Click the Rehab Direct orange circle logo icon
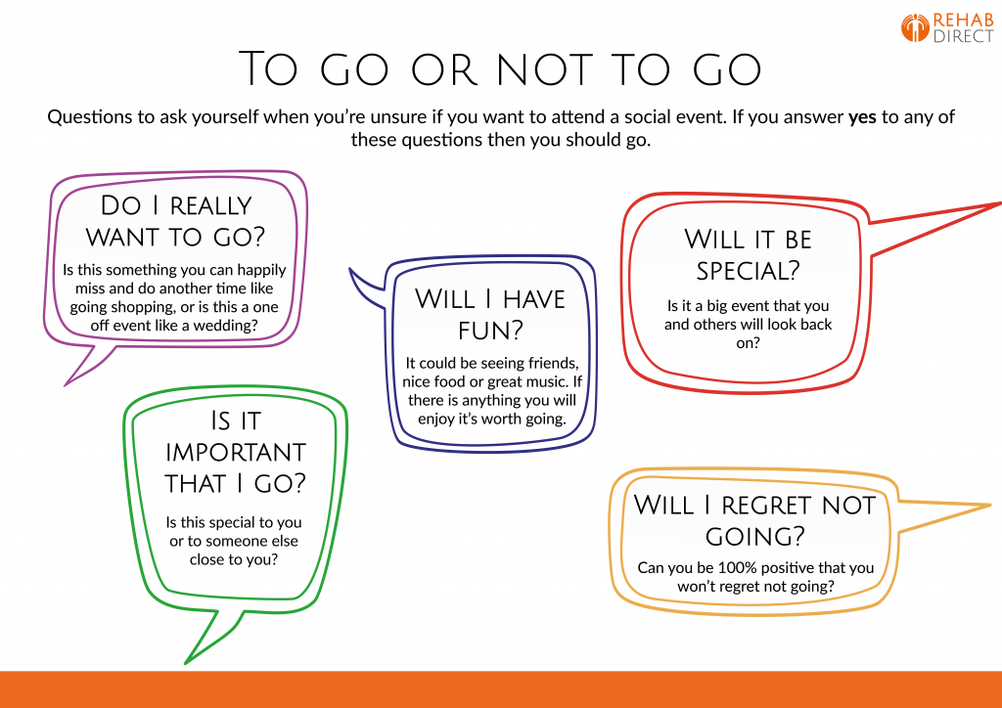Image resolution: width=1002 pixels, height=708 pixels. tap(915, 27)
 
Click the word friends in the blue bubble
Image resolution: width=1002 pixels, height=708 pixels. tap(545, 364)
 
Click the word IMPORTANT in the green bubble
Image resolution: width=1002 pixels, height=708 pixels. tap(235, 452)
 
